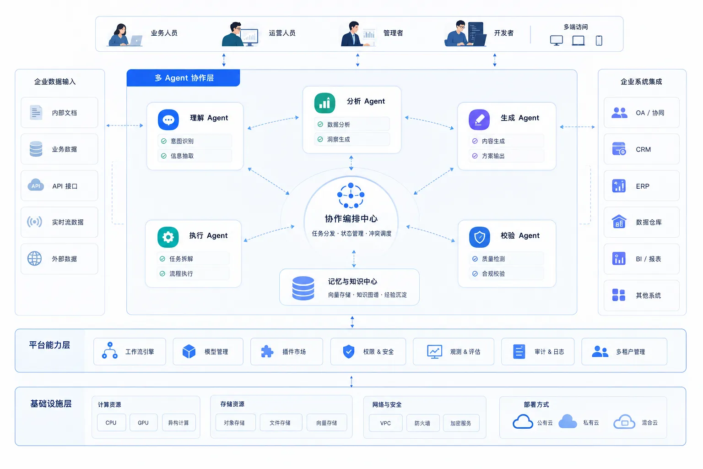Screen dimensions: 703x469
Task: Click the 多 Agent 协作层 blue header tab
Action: (183, 78)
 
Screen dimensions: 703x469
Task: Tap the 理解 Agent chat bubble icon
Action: (168, 120)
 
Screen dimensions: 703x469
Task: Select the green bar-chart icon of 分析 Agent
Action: (324, 103)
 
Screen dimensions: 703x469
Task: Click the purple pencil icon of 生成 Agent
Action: (479, 120)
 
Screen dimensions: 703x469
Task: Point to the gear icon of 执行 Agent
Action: (168, 237)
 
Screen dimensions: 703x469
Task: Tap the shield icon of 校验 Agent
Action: (480, 237)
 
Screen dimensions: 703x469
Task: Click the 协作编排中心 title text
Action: (351, 218)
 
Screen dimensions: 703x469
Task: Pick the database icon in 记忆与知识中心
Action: (303, 288)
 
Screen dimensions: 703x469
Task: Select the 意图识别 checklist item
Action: (195, 141)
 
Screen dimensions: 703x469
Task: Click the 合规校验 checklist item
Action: (506, 273)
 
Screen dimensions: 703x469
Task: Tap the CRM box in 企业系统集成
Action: (642, 149)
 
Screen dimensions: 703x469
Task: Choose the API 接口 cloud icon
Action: (36, 185)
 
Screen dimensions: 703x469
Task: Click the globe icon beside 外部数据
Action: (34, 258)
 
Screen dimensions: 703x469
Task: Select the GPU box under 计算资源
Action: (143, 422)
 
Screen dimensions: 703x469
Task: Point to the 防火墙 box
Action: (422, 423)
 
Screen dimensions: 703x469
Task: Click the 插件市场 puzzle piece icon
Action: (267, 351)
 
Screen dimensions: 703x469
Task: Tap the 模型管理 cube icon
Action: (189, 351)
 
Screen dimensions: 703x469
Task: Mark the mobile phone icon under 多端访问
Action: (599, 40)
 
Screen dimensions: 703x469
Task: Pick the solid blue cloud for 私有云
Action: (568, 421)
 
